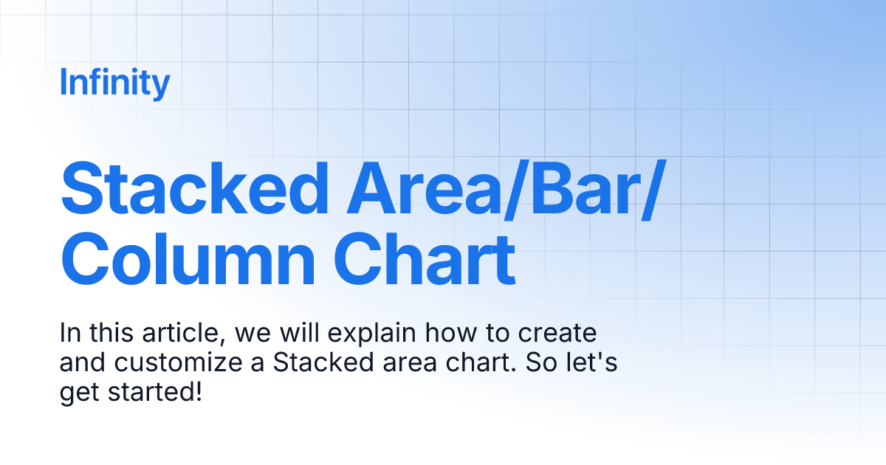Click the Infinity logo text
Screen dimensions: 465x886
114,83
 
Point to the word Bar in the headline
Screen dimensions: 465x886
583,190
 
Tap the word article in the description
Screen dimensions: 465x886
185,334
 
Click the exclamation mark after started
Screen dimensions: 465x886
197,392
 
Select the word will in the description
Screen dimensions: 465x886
295,334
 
